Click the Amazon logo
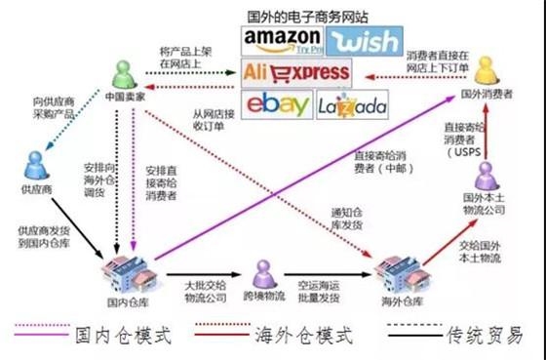280,40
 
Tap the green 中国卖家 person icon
122,74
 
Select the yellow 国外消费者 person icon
486,70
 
